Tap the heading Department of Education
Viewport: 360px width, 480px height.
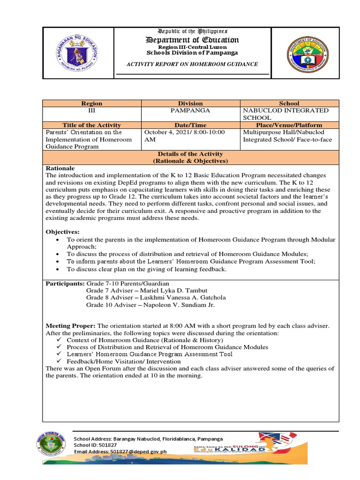point(193,39)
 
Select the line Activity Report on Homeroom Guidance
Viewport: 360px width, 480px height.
point(193,64)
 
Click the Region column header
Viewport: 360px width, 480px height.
point(91,103)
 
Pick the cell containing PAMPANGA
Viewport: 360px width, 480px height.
point(190,110)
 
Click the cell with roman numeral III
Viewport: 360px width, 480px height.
point(91,110)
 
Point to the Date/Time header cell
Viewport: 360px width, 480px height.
point(190,125)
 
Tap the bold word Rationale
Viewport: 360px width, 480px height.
point(60,168)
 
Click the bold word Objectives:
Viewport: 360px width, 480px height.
point(62,232)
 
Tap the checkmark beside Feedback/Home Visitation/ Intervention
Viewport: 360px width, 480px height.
point(59,361)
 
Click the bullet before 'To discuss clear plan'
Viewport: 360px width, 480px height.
point(57,270)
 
